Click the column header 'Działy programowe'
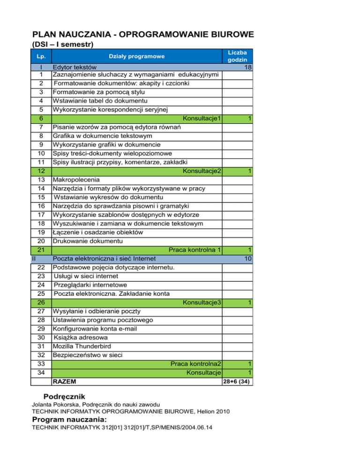pyautogui.click(x=137, y=57)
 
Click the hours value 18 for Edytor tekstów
pyautogui.click(x=248, y=68)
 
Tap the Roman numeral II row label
pyautogui.click(x=34, y=258)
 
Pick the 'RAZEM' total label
pyautogui.click(x=65, y=382)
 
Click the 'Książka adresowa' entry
pyautogui.click(x=81, y=337)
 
